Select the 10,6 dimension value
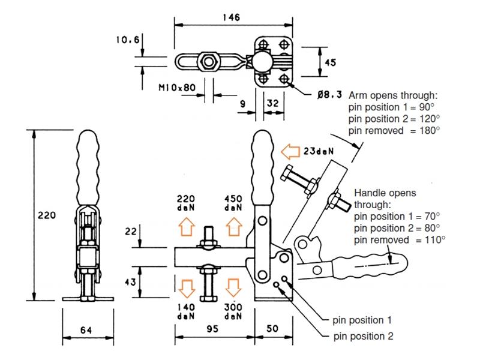(x=128, y=40)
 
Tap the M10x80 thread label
(x=177, y=88)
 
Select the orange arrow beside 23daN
(x=291, y=152)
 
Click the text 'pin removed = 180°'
(x=393, y=130)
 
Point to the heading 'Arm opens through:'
(x=393, y=96)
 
